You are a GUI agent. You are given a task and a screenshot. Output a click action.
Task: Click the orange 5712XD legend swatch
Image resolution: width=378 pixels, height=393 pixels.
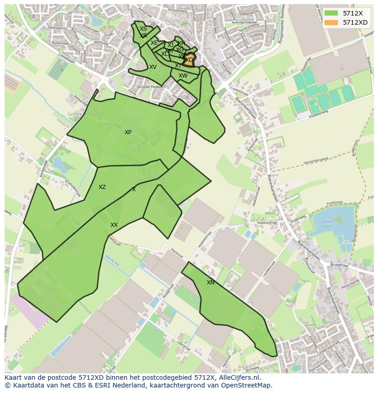pos(331,22)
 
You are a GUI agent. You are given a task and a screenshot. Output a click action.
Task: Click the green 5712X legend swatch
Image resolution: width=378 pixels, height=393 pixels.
pos(331,13)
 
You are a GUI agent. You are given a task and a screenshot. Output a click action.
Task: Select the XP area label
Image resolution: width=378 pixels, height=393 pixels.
pos(128,132)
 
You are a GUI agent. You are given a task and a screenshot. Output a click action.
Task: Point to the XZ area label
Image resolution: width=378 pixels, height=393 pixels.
pos(102,187)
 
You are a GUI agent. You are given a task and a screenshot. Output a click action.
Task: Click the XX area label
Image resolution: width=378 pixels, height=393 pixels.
pos(114,225)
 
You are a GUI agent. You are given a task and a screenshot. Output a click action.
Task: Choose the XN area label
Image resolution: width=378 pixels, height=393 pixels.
pos(210,283)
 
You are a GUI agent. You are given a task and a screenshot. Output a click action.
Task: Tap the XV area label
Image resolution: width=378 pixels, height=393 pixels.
pos(153,67)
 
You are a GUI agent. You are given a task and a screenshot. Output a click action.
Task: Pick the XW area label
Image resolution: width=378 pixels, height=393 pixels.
pos(183,76)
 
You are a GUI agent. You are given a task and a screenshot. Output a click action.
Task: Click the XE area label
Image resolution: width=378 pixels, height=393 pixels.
pos(154,43)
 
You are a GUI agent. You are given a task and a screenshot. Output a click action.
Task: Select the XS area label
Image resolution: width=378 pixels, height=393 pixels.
pos(143,29)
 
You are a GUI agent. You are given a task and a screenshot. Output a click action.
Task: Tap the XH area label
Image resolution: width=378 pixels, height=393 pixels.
pos(181,43)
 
